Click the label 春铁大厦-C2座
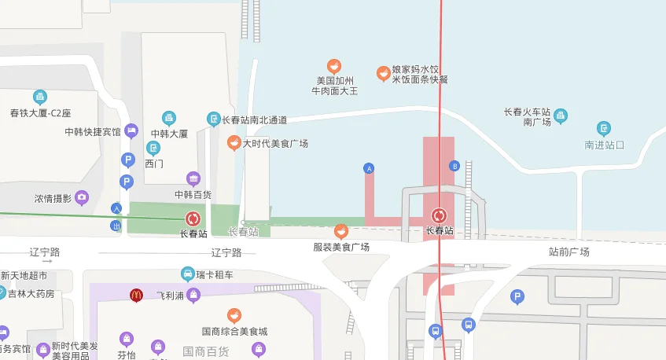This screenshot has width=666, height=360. point(40,113)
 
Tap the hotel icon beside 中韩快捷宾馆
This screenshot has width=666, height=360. point(131,130)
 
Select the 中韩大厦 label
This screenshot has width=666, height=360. point(169,134)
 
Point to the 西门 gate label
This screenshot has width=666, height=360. point(154,163)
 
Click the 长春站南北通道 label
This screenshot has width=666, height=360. point(254,120)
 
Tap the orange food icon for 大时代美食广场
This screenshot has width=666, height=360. point(234,142)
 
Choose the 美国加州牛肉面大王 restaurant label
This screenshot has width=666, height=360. point(336,86)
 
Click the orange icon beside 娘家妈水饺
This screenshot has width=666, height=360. point(383,74)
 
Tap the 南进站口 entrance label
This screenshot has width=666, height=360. point(604,145)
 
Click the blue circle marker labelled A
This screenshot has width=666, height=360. point(368,167)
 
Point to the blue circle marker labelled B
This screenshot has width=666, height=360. point(454,166)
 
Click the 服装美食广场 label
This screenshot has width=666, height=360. point(341,247)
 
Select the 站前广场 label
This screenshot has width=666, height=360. point(568,252)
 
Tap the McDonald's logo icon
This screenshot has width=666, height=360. point(136,295)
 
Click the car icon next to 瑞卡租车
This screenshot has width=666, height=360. point(187,274)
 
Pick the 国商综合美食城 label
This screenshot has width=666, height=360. point(234,331)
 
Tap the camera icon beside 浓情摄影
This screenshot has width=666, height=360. point(82,197)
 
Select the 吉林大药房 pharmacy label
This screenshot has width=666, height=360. point(31,293)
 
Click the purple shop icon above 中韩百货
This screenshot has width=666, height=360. point(193,178)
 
